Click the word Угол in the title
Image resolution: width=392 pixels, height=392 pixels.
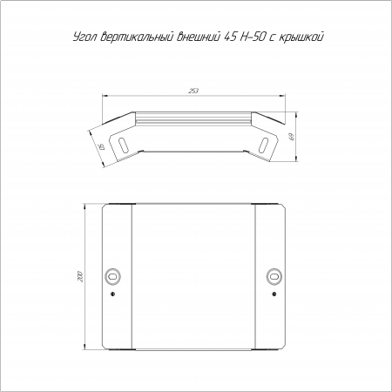click(x=84, y=37)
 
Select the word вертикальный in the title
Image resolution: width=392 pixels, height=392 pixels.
click(x=136, y=37)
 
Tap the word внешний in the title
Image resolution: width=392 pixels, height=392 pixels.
click(x=199, y=37)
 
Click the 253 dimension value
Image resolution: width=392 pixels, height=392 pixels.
click(x=193, y=91)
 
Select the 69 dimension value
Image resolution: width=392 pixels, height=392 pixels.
click(x=292, y=137)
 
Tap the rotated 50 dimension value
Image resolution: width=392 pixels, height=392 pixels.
click(x=102, y=146)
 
